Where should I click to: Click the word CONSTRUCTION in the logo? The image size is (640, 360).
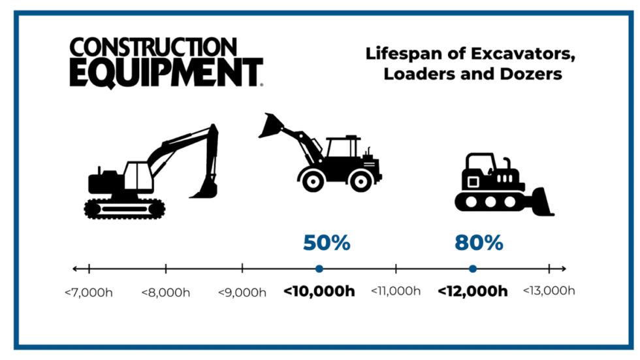153,48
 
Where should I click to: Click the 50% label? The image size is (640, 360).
327,243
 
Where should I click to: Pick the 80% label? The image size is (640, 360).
479,243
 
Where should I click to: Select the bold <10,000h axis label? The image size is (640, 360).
319,291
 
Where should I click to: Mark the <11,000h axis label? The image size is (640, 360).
396,291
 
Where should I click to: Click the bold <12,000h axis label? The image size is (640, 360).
472,291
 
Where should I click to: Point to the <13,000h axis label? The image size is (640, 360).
548,291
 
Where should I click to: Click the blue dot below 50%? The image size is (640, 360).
319,269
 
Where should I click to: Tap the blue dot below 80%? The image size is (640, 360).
472,269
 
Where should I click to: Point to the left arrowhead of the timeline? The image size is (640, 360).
75,269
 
